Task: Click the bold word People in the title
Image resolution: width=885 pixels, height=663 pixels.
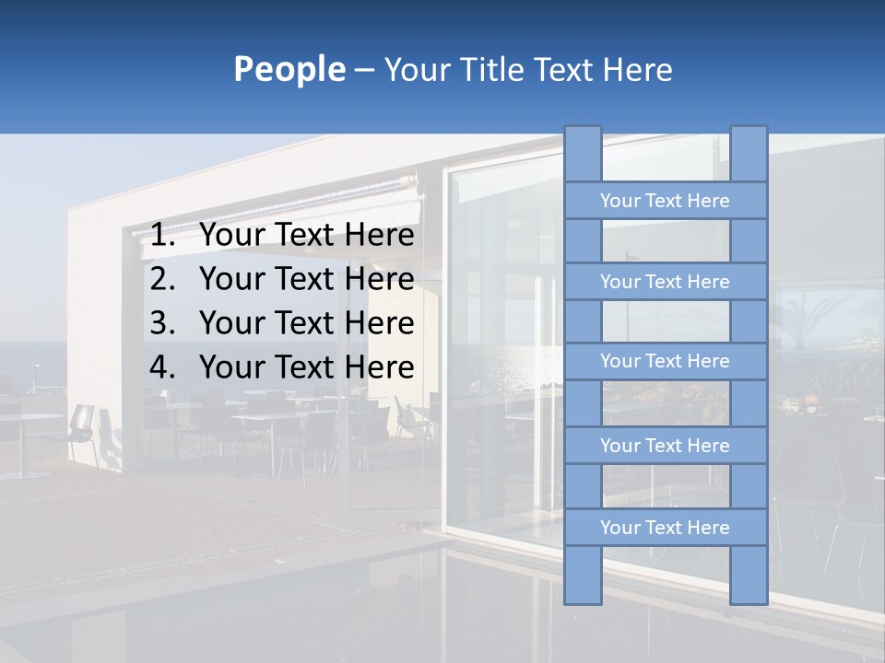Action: [x=289, y=69]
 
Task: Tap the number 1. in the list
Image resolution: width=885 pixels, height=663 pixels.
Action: [x=162, y=236]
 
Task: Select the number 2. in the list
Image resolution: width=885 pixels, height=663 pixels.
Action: [x=162, y=279]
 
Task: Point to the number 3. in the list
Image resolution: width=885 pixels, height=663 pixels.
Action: [x=162, y=323]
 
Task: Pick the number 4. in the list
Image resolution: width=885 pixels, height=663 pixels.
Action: [x=162, y=367]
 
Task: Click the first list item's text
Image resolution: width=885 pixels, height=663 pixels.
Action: [x=306, y=236]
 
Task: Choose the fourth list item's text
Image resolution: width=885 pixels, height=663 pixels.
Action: [x=306, y=367]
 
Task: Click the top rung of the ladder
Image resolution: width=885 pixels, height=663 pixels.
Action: [x=665, y=201]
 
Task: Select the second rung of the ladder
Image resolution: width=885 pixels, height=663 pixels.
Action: [x=665, y=282]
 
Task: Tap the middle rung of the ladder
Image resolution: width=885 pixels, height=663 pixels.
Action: [x=665, y=361]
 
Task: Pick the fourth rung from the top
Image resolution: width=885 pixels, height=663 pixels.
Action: [x=665, y=446]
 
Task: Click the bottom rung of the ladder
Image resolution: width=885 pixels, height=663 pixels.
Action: [x=665, y=528]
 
